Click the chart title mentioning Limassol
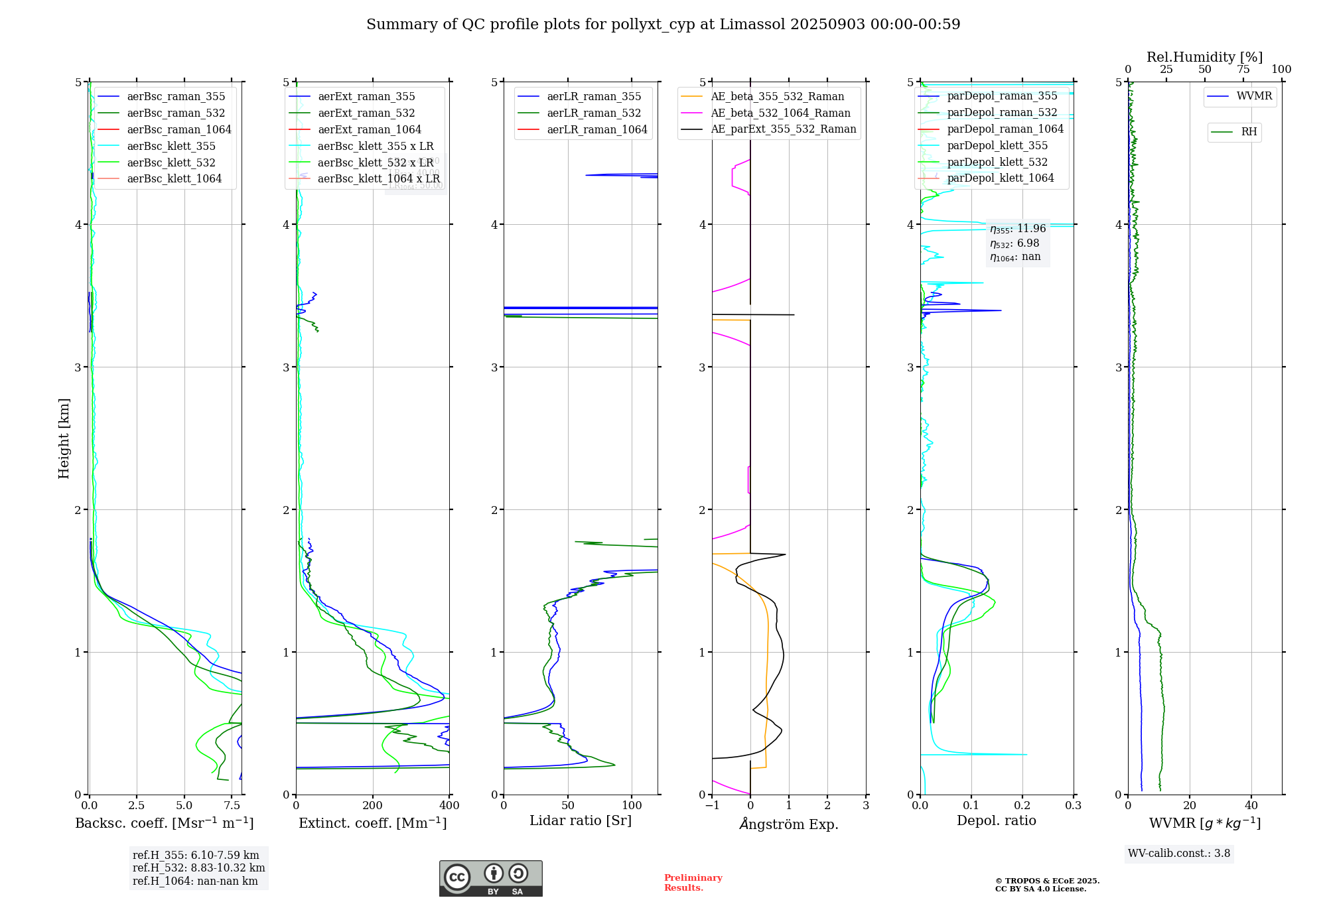[663, 25]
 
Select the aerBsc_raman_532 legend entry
[176, 113]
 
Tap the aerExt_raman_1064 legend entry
[369, 130]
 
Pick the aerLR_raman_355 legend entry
[594, 97]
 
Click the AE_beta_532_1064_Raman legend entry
[780, 113]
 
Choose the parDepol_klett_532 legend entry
[997, 162]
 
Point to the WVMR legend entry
[1254, 97]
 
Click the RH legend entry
[1249, 132]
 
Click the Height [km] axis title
[64, 438]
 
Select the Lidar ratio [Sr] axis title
[581, 821]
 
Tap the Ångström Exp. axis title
[789, 824]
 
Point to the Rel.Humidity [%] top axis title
[1204, 57]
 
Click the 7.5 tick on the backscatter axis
[232, 806]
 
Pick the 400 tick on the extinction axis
[449, 806]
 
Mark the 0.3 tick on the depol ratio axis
[1073, 806]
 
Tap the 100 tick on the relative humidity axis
[1281, 70]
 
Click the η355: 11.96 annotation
[1018, 229]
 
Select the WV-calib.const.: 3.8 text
[1179, 854]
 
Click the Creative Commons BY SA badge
[490, 878]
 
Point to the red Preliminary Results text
[693, 883]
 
